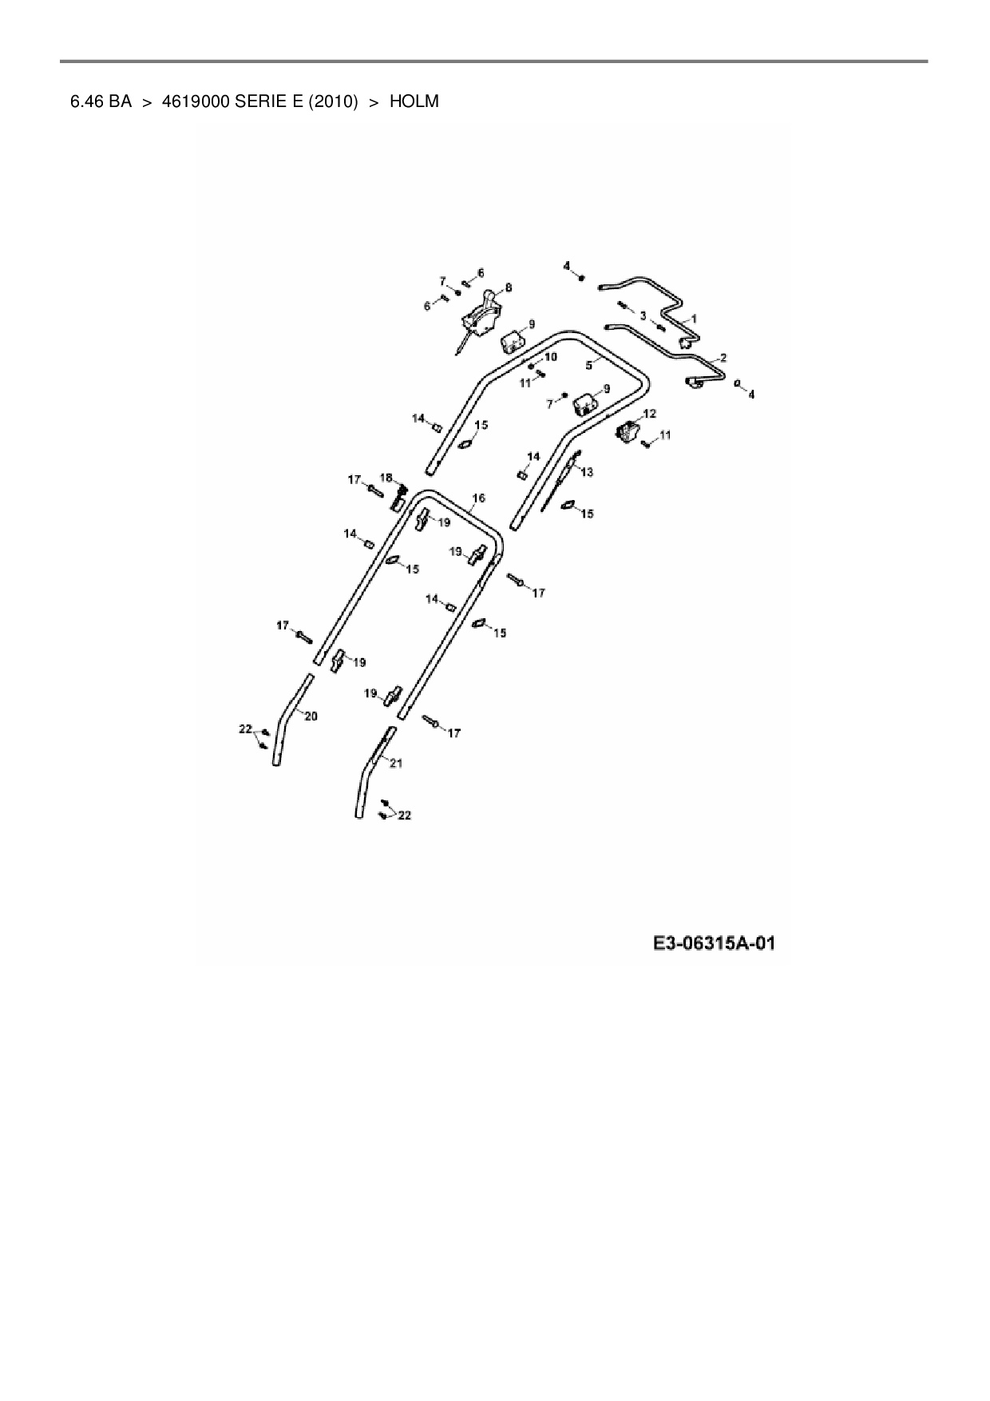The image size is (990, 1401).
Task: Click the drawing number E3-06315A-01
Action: pos(714,943)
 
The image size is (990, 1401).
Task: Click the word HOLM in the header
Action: pos(414,101)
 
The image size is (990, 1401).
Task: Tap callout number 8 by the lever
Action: pos(509,288)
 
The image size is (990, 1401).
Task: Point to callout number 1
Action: pos(693,318)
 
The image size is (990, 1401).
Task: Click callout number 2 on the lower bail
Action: pos(723,357)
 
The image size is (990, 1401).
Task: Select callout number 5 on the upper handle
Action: pos(588,364)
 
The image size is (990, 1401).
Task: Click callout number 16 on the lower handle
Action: pos(478,498)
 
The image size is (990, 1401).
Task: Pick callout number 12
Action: pos(649,413)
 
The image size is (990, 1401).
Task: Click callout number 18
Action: pos(386,478)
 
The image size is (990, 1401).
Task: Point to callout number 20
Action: pos(311,716)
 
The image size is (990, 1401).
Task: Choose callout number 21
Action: pos(396,763)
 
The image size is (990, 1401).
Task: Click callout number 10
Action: pos(551,356)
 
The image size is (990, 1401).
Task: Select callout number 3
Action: pos(643,316)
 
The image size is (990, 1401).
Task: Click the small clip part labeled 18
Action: pos(398,499)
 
